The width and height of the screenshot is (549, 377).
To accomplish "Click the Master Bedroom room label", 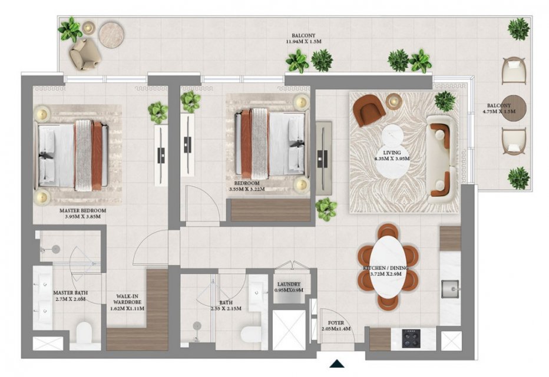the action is click(x=82, y=211).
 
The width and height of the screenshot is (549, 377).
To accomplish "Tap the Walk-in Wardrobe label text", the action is click(x=127, y=299).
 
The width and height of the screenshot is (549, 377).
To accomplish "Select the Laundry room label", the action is click(x=289, y=285).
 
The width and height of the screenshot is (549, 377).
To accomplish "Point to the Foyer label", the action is click(x=336, y=323).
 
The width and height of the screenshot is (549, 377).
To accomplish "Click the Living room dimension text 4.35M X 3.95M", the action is click(x=392, y=158).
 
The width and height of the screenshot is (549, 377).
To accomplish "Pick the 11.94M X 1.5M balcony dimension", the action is click(x=303, y=41).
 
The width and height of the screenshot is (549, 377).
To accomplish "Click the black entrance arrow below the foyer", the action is click(x=337, y=363).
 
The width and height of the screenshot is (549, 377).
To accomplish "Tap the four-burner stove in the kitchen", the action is click(x=411, y=338).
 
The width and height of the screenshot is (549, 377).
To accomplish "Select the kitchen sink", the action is click(x=450, y=289).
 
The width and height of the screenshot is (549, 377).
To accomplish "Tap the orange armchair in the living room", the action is click(x=369, y=110).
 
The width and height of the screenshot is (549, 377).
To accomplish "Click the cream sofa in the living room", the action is click(x=441, y=160).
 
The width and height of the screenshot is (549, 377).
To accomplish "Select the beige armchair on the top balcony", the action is click(x=85, y=54).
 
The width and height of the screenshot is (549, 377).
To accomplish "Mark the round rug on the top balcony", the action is click(x=112, y=35).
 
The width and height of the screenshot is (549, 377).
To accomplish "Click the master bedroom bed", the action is click(x=73, y=155).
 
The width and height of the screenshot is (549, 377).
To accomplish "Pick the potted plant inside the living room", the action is click(x=445, y=101).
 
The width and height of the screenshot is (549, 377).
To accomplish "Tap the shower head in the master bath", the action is click(x=56, y=249).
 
